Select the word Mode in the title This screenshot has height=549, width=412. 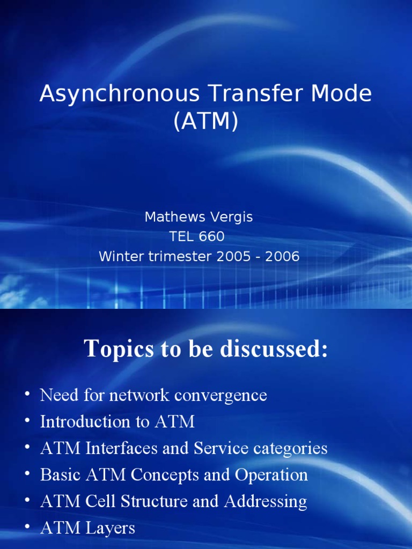click(x=339, y=94)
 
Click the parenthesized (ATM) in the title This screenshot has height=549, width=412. click(x=205, y=122)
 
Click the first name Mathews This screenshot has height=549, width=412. click(x=174, y=217)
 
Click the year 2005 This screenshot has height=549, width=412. click(x=233, y=256)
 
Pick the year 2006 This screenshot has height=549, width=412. click(x=282, y=256)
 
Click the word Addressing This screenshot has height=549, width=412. click(x=266, y=501)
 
